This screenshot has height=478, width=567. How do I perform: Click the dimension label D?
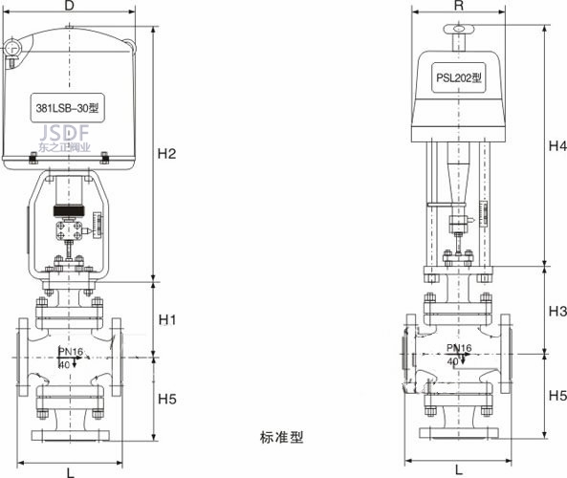(x=69, y=5)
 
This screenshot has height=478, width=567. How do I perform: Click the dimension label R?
(x=459, y=5)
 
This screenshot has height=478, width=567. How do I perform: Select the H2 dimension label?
(x=166, y=154)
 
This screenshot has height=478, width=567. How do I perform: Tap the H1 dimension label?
(x=167, y=319)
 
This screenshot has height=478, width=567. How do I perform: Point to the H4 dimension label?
(x=557, y=145)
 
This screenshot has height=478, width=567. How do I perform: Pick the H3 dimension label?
(x=557, y=311)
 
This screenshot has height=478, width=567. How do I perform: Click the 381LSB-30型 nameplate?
(x=67, y=108)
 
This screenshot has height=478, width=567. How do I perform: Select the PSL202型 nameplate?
(x=459, y=77)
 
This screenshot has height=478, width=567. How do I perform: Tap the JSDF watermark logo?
(x=64, y=133)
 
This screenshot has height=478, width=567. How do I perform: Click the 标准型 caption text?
(x=281, y=438)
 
